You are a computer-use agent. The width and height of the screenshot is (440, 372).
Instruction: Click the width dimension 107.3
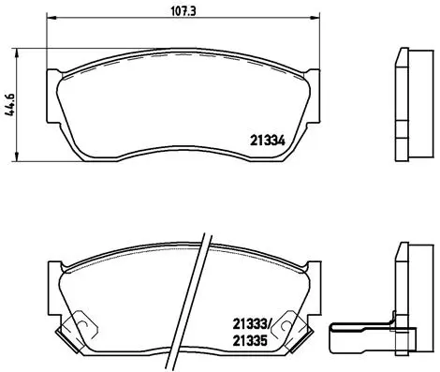[176, 11]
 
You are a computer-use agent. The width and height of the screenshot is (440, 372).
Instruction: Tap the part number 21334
[267, 141]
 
